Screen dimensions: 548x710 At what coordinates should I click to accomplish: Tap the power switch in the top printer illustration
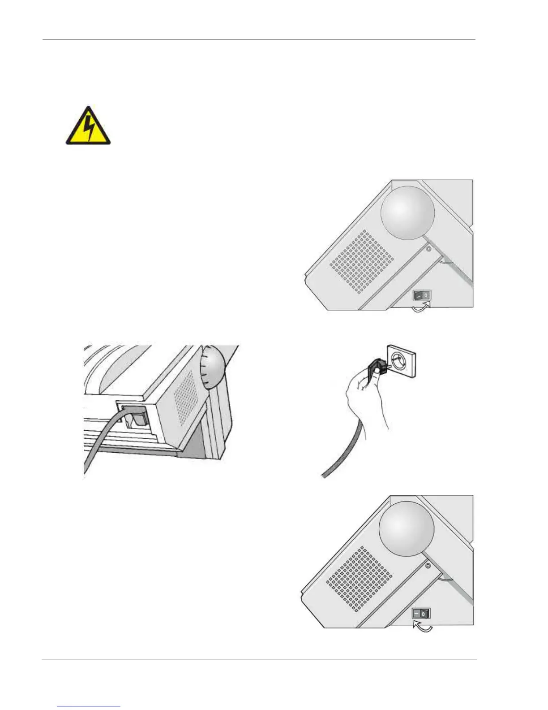point(421,295)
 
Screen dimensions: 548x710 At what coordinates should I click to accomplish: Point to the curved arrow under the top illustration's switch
point(421,308)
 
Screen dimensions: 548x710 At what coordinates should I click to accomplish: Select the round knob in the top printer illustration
point(407,213)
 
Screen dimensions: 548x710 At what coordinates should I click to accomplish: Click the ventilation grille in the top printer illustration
point(362,262)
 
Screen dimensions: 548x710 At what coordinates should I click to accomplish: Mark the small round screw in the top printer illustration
point(428,249)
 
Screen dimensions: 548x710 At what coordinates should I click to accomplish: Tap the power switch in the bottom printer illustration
point(421,613)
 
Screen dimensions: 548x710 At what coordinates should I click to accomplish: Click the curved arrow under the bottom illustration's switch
point(423,627)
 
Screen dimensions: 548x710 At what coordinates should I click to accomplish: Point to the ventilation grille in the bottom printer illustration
point(359,579)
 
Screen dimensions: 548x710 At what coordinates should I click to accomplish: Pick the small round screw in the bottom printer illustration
point(428,566)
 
